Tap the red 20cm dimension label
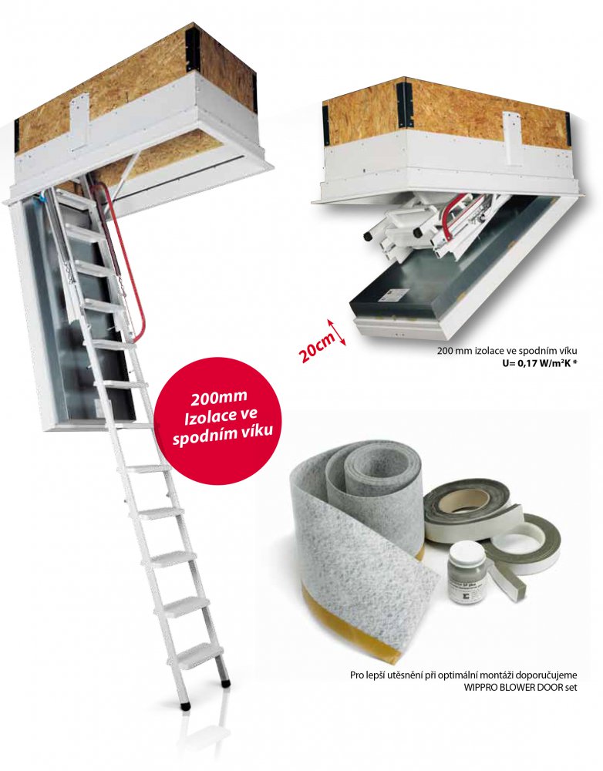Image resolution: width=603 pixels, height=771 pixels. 315,348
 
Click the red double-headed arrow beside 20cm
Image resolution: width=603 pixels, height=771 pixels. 338,332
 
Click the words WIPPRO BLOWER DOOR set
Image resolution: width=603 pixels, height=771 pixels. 520,687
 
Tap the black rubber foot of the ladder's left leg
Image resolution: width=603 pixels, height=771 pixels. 187,705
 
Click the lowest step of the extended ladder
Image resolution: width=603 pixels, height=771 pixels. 194,657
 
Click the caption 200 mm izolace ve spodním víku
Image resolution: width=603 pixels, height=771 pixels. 507,352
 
